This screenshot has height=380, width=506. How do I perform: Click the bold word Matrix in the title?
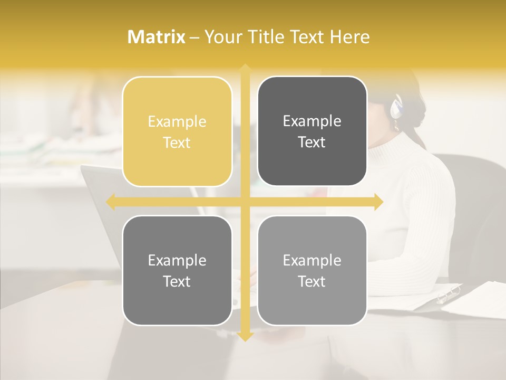coord(157,37)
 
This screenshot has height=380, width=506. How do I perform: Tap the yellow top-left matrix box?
coord(177,131)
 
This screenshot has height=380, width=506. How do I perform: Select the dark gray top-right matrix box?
coord(312,131)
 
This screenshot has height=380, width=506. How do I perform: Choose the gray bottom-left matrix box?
coord(177,270)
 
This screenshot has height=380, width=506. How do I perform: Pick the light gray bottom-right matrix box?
coord(312,270)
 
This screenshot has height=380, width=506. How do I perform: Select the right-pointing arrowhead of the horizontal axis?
coord(378,202)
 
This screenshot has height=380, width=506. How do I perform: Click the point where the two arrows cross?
coord(245,202)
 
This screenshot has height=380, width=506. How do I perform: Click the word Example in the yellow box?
coord(177,122)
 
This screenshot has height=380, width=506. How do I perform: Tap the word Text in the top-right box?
coord(312,142)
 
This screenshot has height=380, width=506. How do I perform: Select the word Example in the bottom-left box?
coord(177,260)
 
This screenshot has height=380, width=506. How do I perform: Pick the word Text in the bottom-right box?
coord(312,281)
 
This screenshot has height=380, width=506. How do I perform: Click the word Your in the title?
coord(222,37)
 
